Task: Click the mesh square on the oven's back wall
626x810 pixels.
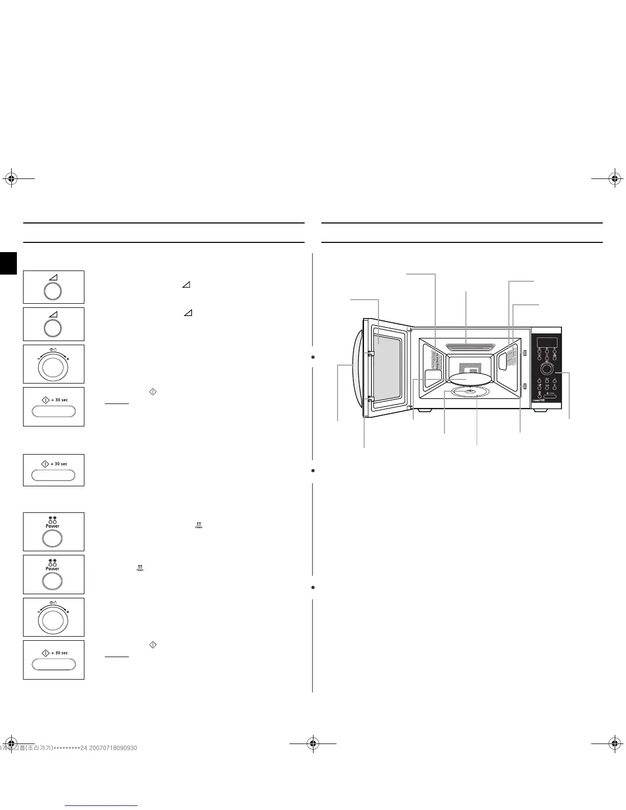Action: point(469,368)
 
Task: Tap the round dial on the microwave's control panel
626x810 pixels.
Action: point(547,369)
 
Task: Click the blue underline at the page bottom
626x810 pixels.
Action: point(102,806)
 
